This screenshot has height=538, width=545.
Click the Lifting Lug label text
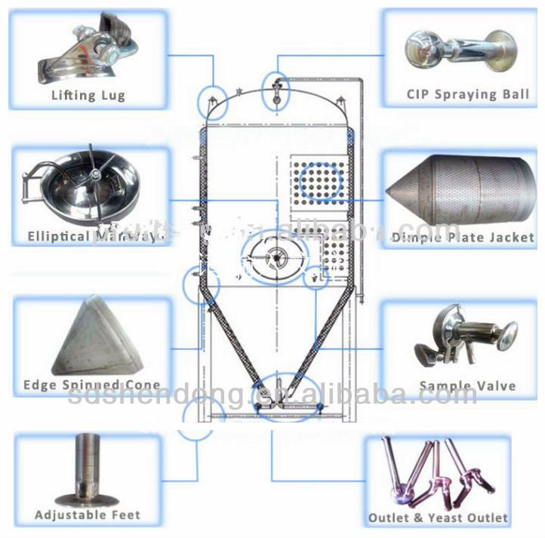point(88,96)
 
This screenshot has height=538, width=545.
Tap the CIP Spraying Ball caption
point(467,95)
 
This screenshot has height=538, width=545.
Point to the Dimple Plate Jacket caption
point(463,237)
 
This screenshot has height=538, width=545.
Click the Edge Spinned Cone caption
point(91,385)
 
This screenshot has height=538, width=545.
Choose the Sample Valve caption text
point(467,386)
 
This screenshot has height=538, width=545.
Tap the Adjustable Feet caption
point(87,515)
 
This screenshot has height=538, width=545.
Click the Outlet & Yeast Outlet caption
point(438,518)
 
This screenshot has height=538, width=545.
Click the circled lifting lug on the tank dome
point(213,99)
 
